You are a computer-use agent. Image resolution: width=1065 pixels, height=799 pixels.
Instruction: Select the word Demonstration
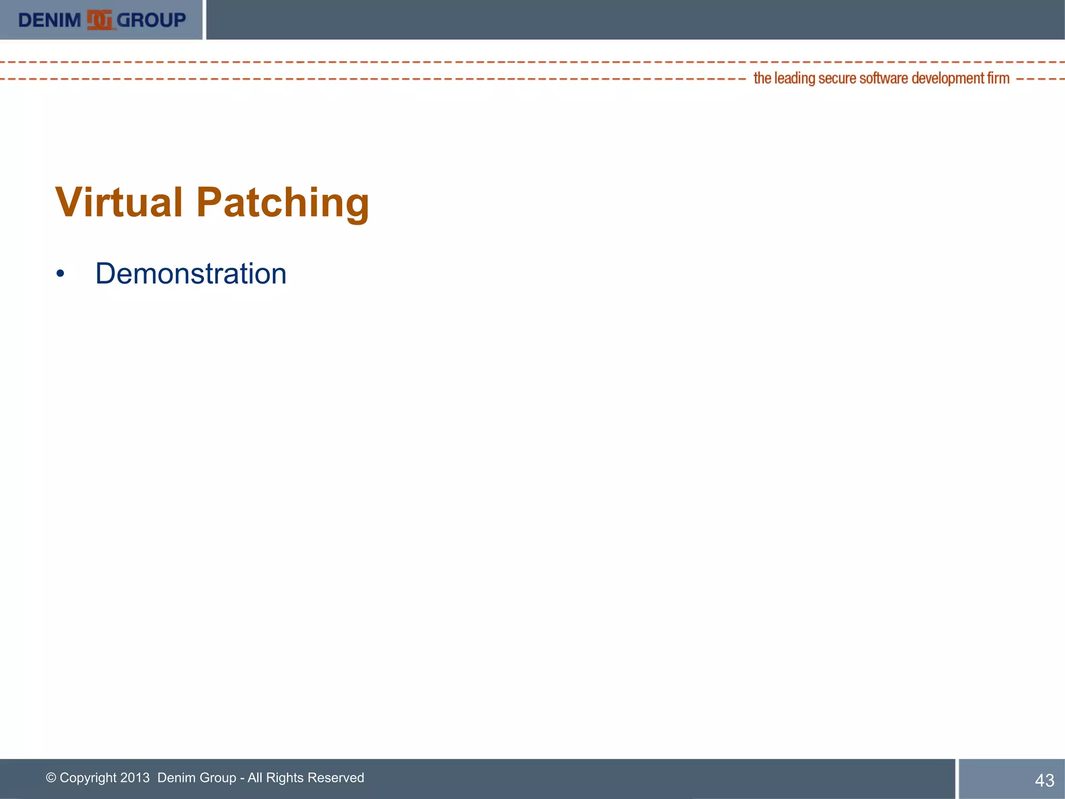191,274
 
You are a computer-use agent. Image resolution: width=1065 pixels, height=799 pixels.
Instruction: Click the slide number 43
1044,780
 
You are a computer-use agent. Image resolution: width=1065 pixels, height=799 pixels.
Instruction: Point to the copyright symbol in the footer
51,778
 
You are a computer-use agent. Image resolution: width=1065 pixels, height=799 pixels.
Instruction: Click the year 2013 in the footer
135,778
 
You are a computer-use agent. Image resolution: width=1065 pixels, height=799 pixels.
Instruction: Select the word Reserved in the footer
336,778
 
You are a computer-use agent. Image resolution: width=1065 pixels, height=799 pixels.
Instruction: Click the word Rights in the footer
284,778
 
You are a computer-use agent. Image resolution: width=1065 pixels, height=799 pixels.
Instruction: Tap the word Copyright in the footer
88,778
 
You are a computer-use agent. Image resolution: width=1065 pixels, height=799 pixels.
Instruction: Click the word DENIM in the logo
49,20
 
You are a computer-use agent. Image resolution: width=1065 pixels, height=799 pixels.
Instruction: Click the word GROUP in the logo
151,20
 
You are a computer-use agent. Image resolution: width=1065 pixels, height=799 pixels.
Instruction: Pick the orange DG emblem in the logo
99,20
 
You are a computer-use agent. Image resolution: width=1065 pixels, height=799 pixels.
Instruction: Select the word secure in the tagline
837,79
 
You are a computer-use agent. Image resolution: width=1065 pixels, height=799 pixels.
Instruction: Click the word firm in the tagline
998,79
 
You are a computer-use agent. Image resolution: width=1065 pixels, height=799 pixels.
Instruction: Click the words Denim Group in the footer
197,778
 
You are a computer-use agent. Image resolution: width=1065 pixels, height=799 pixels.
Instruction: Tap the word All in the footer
255,778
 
